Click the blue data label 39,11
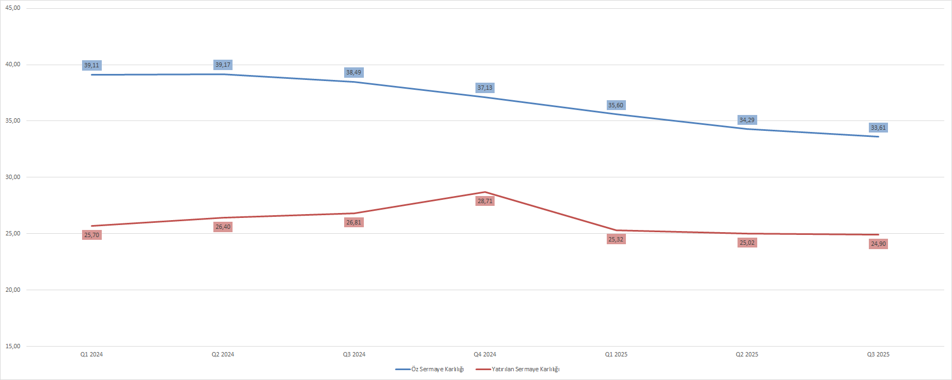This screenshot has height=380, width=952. coord(92,66)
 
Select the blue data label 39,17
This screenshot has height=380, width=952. coord(223,65)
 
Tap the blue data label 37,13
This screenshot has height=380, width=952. coord(485,88)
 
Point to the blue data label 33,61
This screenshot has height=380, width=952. coord(878,128)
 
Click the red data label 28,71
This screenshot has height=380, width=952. coord(485,201)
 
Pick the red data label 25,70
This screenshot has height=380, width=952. coord(92,235)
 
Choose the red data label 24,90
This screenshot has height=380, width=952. coord(878,244)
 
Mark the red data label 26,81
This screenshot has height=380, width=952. coord(354,222)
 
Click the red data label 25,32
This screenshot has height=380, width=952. coord(616,239)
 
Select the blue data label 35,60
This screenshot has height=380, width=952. coord(616,105)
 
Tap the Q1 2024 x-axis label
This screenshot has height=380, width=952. coord(91,354)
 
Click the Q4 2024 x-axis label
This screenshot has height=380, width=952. coord(485,354)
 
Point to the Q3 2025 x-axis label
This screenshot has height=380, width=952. coord(878,354)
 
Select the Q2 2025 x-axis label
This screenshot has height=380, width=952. coord(747,354)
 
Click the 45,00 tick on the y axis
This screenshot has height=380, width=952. coord(13,8)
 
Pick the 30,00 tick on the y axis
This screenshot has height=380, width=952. coord(13,177)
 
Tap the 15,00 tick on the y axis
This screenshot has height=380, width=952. coord(13,347)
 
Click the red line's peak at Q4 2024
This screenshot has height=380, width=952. coord(485,192)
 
